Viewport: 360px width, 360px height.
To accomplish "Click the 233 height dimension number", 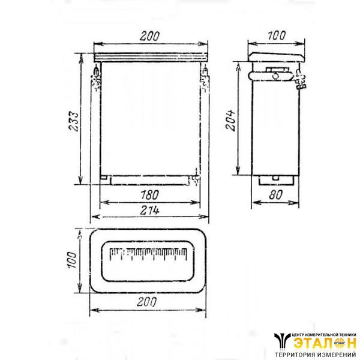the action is [74, 121].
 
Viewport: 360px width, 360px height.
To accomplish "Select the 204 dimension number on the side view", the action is [230, 121].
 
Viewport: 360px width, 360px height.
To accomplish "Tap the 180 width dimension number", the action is [149, 194].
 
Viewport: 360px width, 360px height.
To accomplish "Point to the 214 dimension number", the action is [149, 210].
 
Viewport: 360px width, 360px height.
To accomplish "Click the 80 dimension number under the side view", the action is [275, 194].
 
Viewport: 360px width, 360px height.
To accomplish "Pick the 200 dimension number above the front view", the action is [149, 36].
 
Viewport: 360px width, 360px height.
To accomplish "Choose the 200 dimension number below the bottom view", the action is [147, 302].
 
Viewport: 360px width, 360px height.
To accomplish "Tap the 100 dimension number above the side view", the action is [277, 35].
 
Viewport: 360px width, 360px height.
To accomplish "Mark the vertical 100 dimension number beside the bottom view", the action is [71, 260].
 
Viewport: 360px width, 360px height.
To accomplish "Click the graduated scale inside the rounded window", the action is [148, 254].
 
